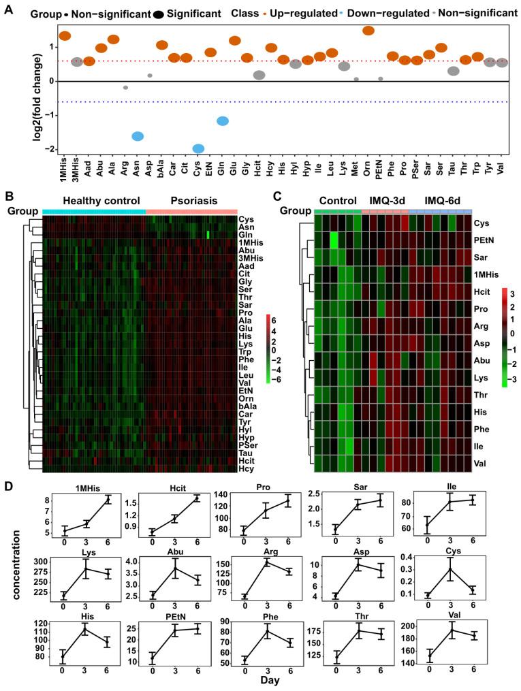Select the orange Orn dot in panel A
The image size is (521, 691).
coord(368,30)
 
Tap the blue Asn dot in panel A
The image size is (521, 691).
coord(137,136)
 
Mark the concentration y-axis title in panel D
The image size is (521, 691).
coord(15,583)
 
